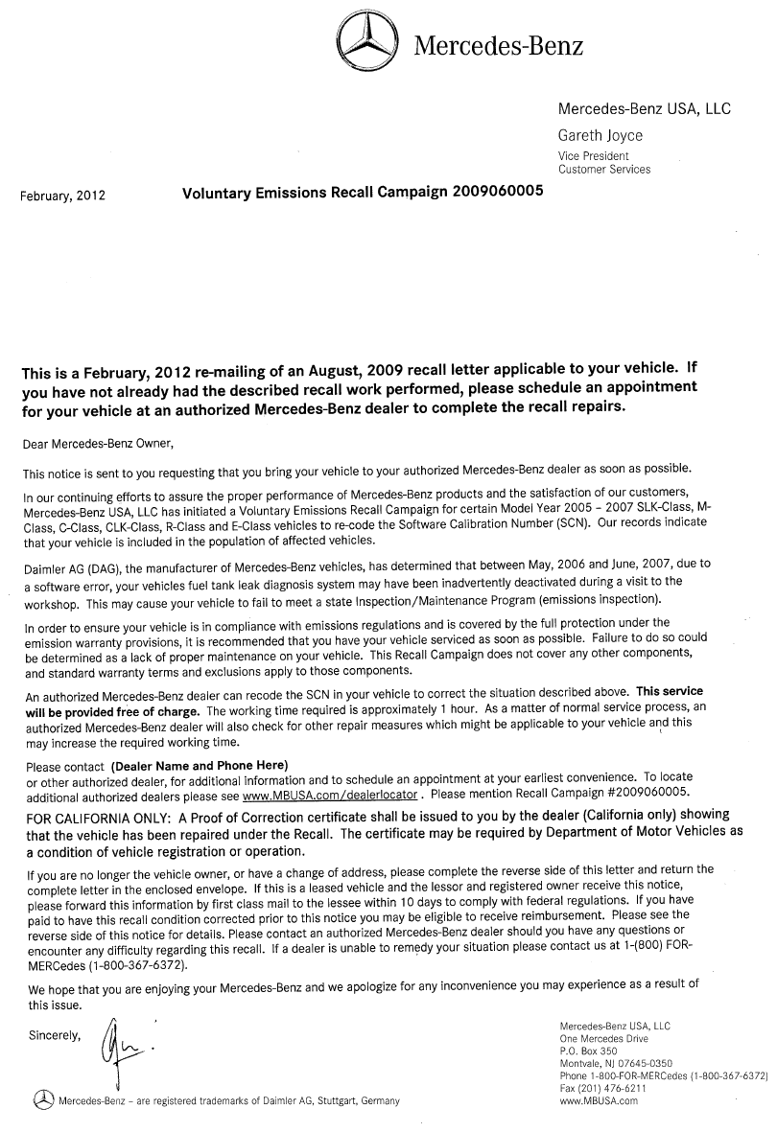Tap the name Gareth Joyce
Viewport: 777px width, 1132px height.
pos(600,135)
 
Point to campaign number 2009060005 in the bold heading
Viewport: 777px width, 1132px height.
pos(495,190)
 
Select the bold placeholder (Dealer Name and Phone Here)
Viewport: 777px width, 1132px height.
pos(200,765)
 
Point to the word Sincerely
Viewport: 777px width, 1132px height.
pos(55,1035)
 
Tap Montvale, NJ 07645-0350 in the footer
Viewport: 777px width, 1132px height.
pos(616,1064)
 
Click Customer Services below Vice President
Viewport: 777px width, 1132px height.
pos(603,169)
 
